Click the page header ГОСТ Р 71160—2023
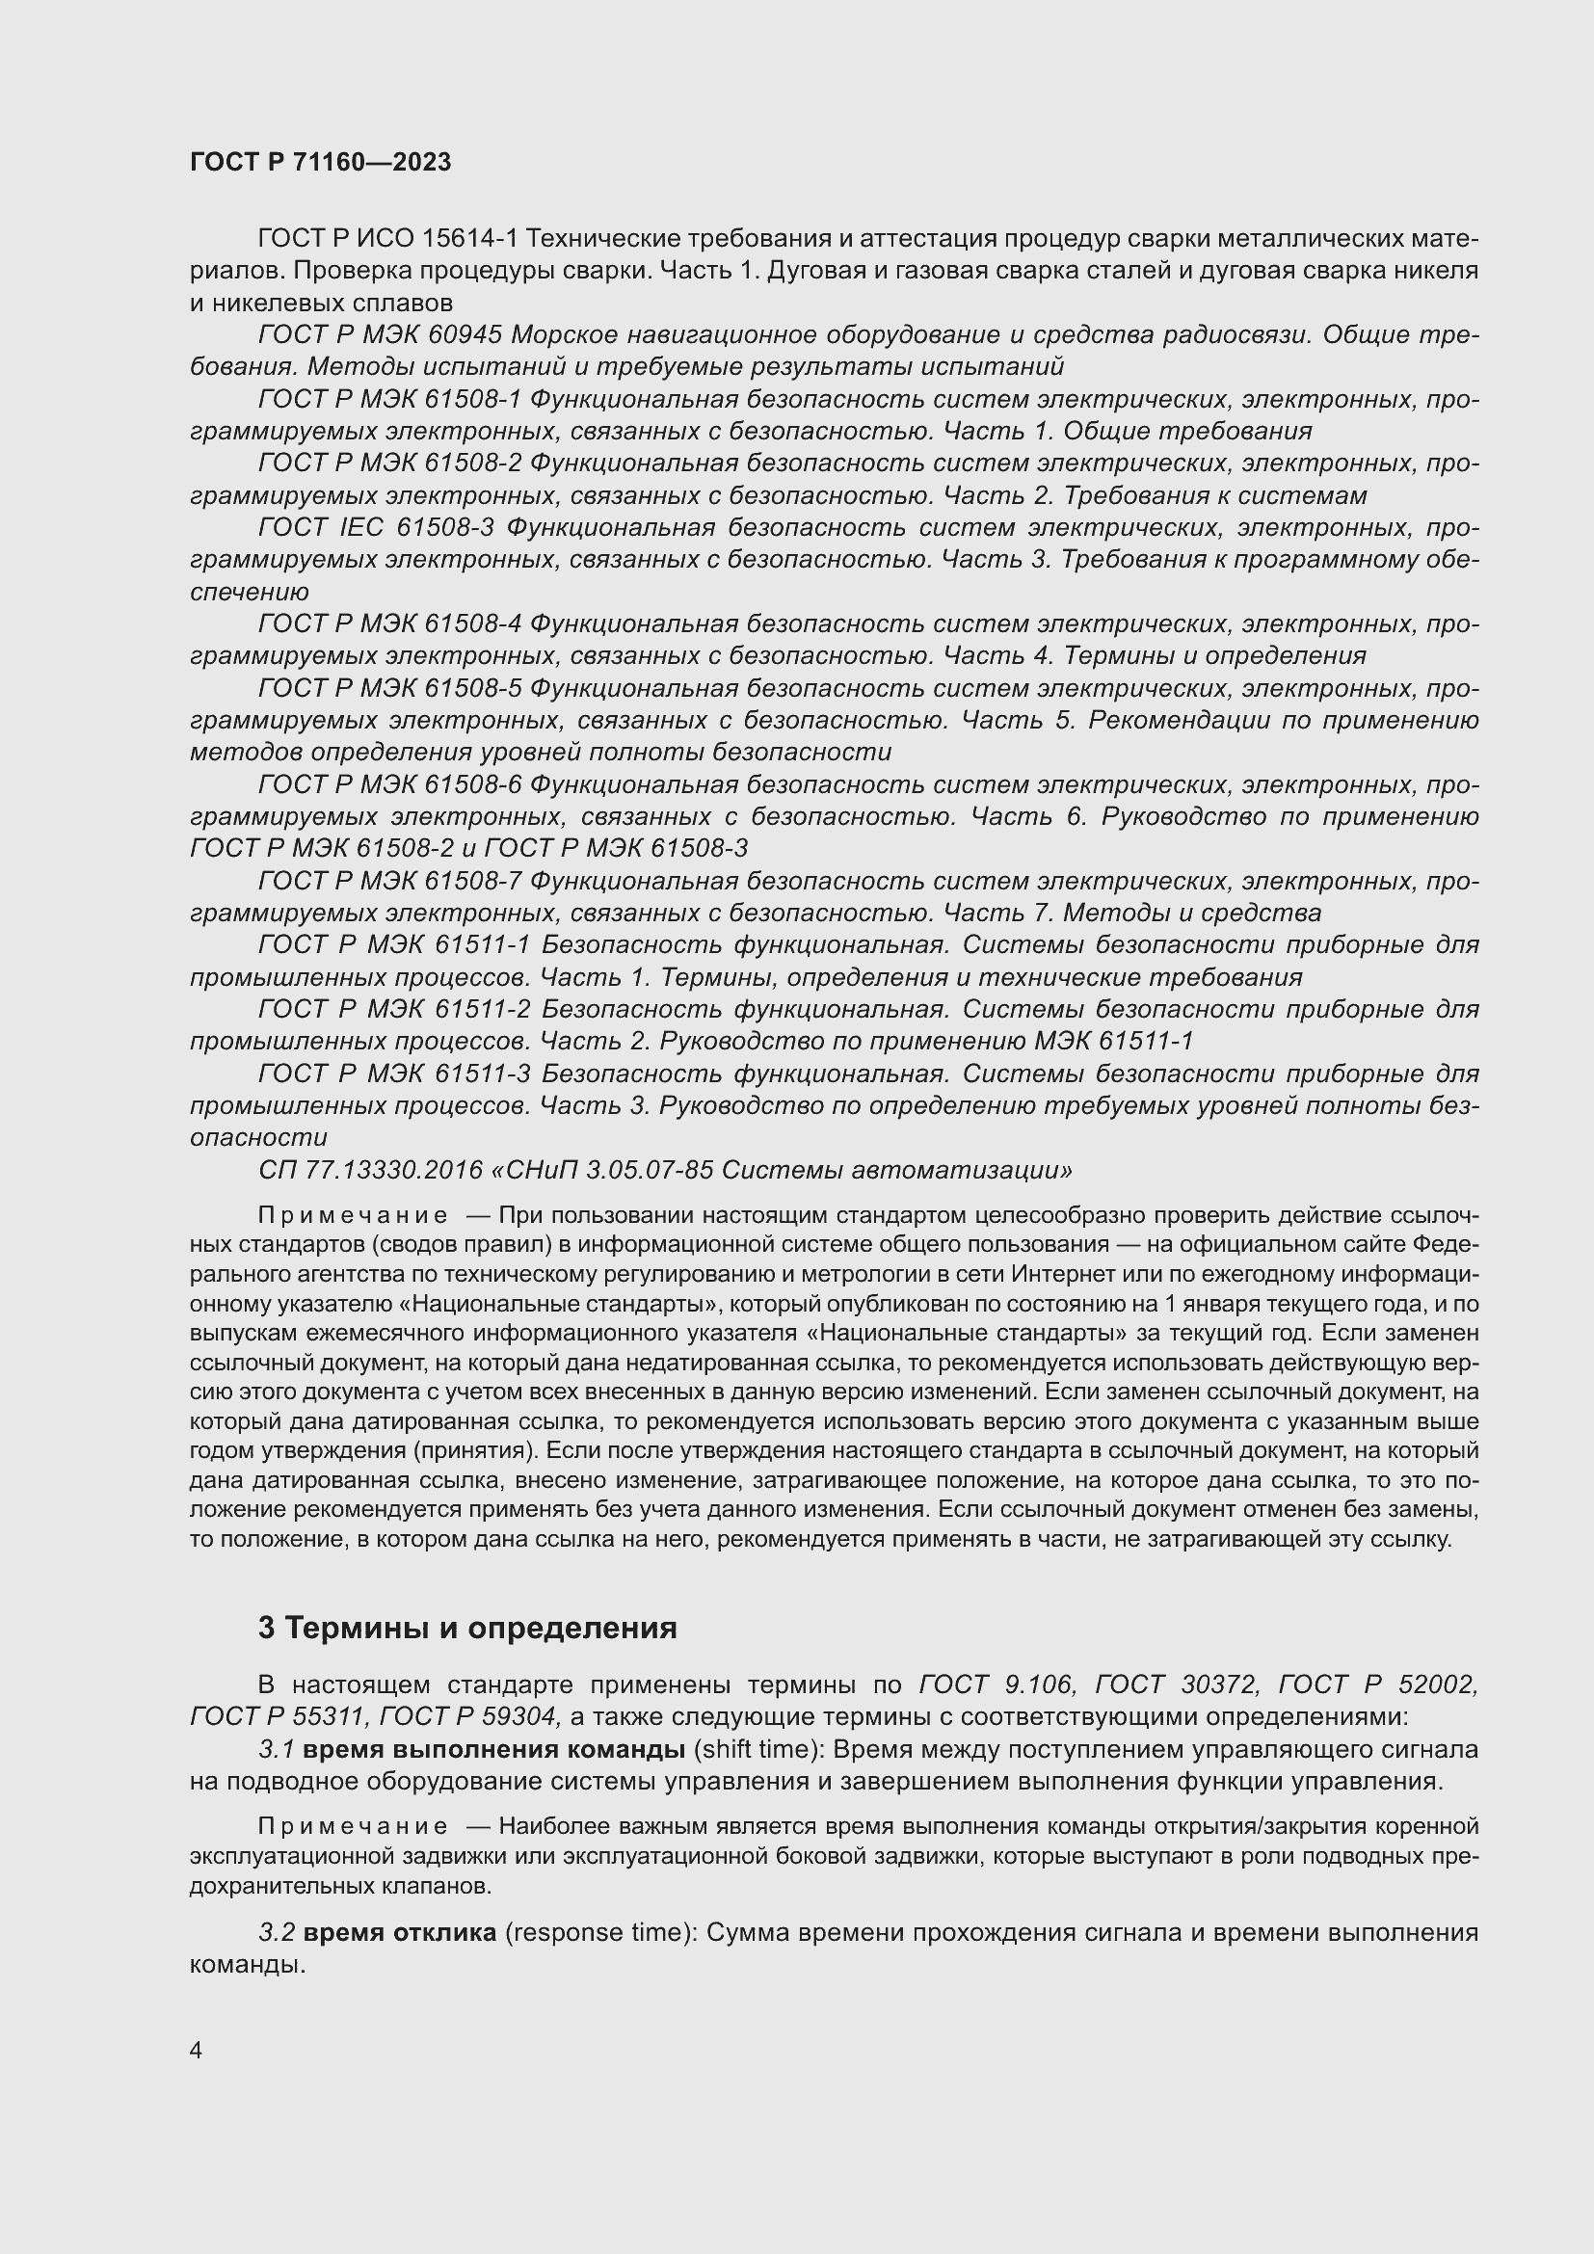coord(320,163)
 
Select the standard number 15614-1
coord(471,239)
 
